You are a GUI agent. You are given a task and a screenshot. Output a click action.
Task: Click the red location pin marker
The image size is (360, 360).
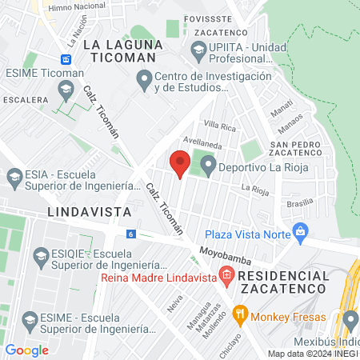(180, 164)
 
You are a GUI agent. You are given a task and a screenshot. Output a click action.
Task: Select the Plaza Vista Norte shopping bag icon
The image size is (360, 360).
(301, 234)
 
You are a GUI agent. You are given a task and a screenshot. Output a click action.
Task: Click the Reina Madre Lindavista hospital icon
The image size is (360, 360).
(226, 278)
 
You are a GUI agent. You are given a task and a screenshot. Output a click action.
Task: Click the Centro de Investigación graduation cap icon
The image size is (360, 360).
(144, 80)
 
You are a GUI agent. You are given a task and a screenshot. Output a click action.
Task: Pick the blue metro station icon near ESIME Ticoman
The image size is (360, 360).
(66, 58)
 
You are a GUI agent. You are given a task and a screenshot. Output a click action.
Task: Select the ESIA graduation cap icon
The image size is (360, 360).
(14, 175)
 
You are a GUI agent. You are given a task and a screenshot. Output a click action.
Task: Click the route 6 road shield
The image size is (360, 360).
(130, 234)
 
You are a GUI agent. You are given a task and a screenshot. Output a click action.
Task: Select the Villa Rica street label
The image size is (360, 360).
(220, 126)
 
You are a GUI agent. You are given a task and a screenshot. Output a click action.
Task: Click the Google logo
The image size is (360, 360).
(26, 350)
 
